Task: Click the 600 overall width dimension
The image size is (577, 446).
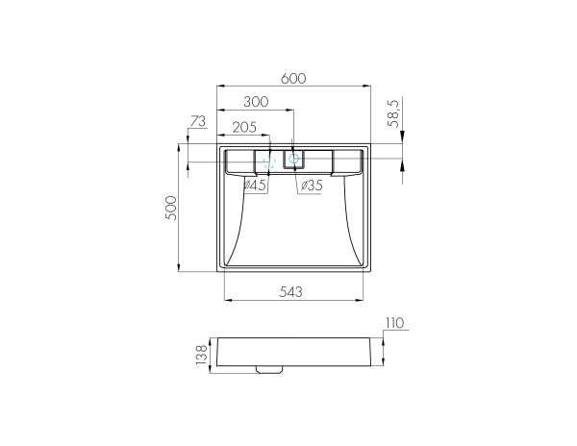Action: point(294,79)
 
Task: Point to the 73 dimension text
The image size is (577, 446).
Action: point(198,121)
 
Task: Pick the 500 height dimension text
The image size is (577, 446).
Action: point(170,209)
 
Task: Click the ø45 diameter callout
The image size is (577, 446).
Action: point(255,185)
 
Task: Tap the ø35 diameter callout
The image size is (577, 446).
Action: point(311,185)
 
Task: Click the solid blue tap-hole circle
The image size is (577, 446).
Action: point(294,160)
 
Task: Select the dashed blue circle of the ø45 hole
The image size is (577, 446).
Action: point(269,161)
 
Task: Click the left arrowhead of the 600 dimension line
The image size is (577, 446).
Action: point(221,86)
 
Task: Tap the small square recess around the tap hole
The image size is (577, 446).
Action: point(293,160)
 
